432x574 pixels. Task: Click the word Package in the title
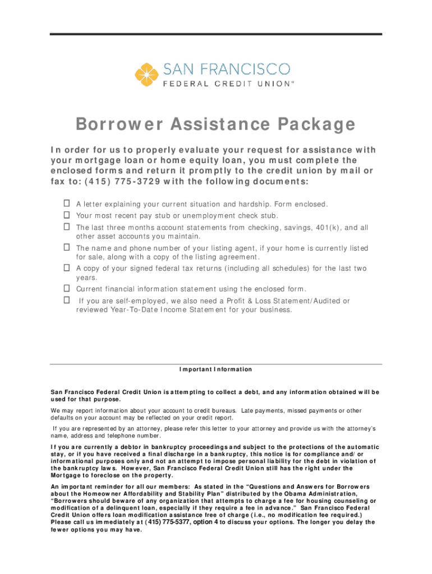click(x=312, y=124)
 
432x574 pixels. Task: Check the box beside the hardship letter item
click(x=66, y=204)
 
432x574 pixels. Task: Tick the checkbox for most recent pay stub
click(x=66, y=215)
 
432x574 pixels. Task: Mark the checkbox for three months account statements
click(x=66, y=227)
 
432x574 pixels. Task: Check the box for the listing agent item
click(x=66, y=247)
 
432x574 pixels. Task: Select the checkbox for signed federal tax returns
click(x=66, y=268)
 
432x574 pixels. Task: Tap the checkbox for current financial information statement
click(x=66, y=289)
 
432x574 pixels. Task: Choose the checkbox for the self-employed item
click(x=66, y=300)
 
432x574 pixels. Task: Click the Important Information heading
click(x=216, y=369)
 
